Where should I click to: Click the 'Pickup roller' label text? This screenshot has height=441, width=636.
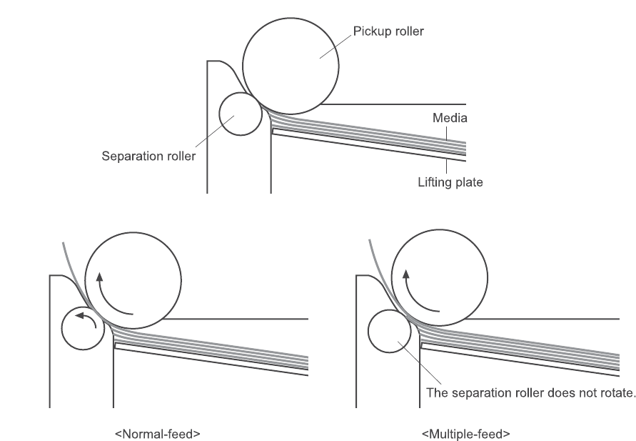point(388,32)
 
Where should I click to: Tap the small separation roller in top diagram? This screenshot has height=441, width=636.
point(240,114)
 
